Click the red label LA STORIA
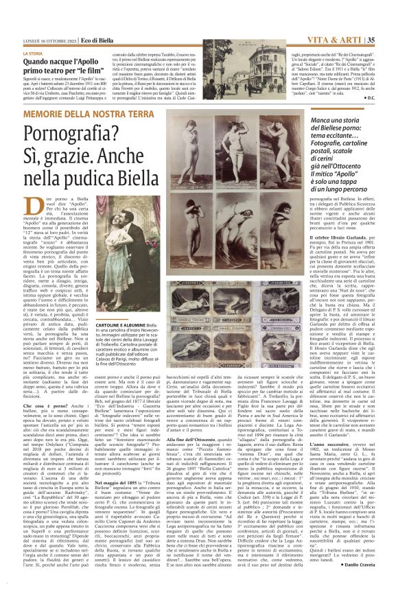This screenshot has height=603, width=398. [33, 53]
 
